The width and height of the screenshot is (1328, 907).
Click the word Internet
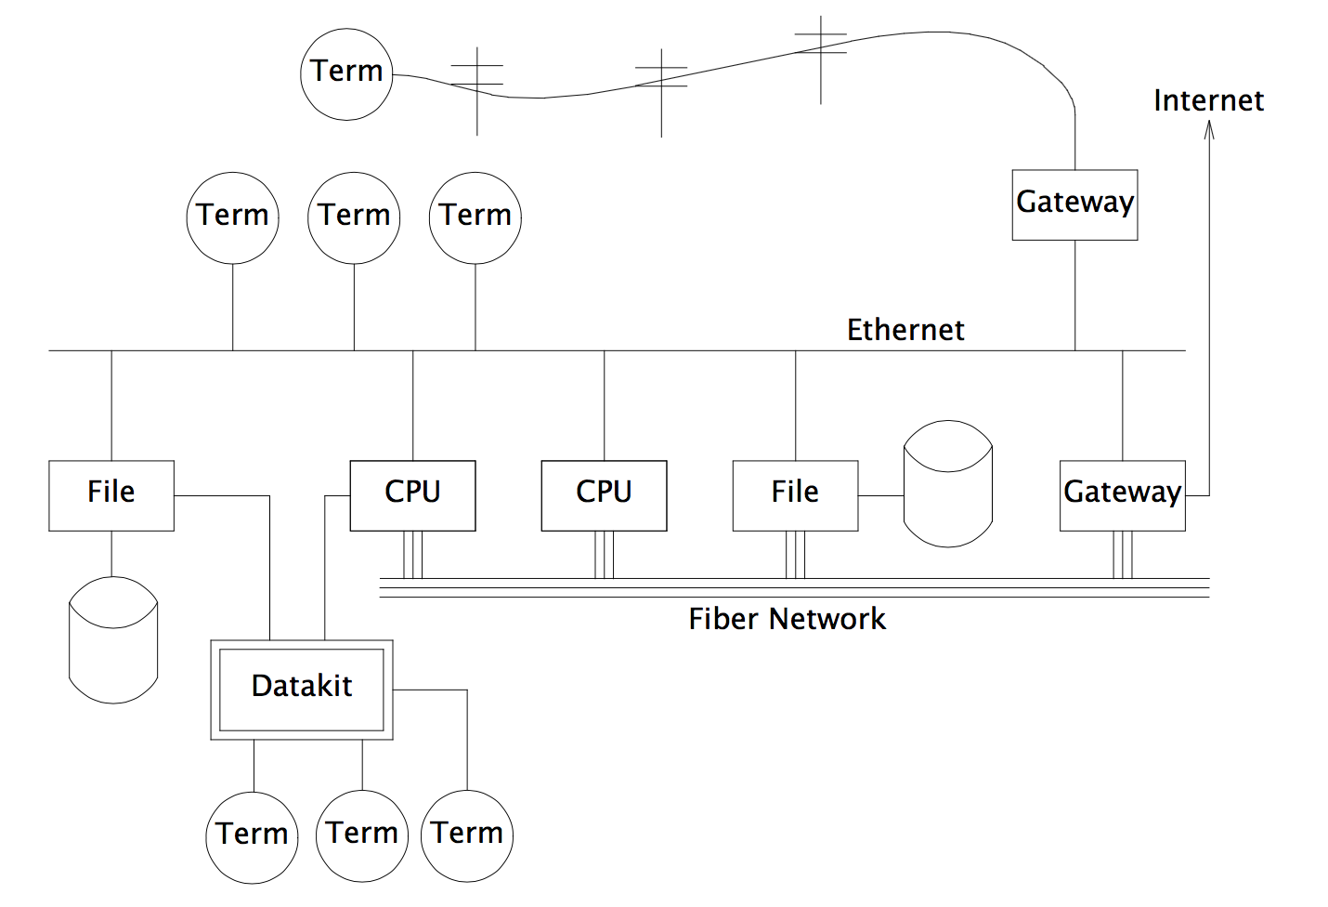point(1208,100)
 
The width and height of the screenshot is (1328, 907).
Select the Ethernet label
point(905,330)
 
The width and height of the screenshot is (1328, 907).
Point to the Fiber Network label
point(787,619)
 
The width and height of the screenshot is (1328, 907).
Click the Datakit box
point(302,689)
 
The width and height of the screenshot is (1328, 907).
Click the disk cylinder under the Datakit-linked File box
point(113,640)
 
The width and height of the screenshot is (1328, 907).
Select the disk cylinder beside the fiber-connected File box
point(948,483)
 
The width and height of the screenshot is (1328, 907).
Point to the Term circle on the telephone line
point(346,73)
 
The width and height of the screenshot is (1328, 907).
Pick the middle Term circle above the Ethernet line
point(354,217)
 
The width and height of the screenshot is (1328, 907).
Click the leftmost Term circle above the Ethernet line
point(232,217)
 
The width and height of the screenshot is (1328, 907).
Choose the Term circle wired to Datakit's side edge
point(467,835)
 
